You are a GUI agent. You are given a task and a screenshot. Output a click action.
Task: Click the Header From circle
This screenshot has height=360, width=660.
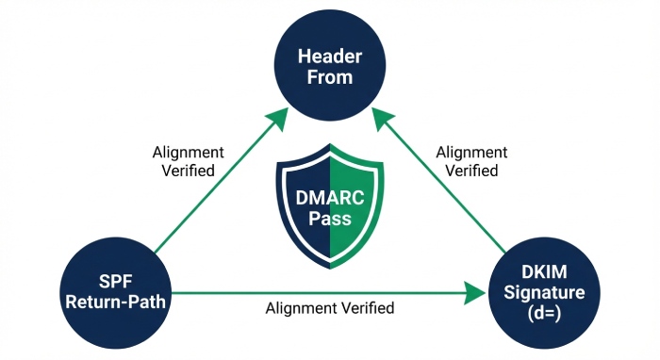[329, 66]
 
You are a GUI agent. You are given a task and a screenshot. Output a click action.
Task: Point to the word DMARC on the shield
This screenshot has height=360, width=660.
[330, 198]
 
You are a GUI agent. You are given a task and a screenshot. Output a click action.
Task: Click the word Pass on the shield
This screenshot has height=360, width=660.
[330, 221]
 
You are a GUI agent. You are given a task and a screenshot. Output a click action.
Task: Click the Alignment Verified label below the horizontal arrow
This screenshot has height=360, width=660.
[330, 308]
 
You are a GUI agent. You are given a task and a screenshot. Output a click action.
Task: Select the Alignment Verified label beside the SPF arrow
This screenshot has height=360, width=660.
[189, 161]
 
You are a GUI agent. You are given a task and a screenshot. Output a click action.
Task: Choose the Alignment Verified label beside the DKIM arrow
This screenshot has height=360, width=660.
[471, 161]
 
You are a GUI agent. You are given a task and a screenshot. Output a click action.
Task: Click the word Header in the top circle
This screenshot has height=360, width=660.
[330, 57]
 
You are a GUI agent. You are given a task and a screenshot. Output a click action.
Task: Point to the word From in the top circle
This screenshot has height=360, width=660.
[330, 77]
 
